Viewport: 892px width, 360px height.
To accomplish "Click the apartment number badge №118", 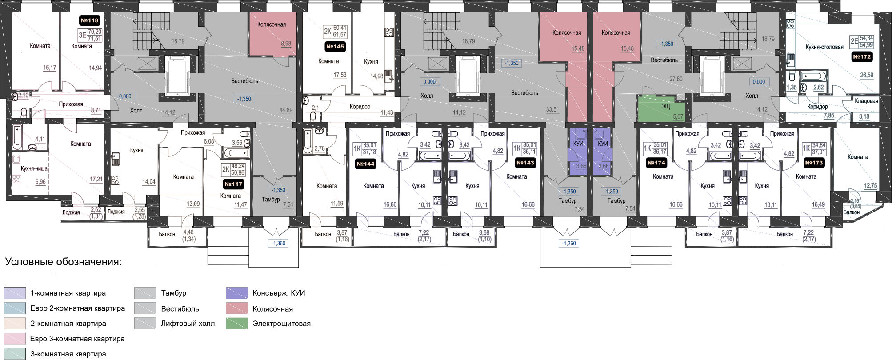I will pyautogui.click(x=89, y=20).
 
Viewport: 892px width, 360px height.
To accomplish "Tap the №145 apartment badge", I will pyautogui.click(x=335, y=47).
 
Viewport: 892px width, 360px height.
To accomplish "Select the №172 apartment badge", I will pyautogui.click(x=862, y=57).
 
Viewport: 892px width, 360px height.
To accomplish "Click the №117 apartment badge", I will pyautogui.click(x=233, y=184).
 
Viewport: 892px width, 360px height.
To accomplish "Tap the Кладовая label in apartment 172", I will pyautogui.click(x=866, y=101).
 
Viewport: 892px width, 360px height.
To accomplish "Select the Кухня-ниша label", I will pyautogui.click(x=34, y=169).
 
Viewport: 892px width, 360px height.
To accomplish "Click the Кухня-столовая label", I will pyautogui.click(x=824, y=47).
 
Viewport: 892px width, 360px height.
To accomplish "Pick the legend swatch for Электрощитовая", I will pyautogui.click(x=236, y=324).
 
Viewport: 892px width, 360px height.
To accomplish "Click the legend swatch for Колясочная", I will pyautogui.click(x=236, y=308).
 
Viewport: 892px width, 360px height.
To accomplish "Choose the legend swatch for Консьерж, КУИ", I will pyautogui.click(x=236, y=293).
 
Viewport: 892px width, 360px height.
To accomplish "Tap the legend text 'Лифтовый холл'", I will pyautogui.click(x=188, y=324).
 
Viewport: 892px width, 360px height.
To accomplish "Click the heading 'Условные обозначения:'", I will pyautogui.click(x=63, y=262).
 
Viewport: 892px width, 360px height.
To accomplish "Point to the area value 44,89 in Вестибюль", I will pyautogui.click(x=286, y=110).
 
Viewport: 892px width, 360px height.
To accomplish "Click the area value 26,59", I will pyautogui.click(x=867, y=75).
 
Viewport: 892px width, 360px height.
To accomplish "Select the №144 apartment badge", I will pyautogui.click(x=365, y=164).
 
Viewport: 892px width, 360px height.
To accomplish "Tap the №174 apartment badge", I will pyautogui.click(x=656, y=163).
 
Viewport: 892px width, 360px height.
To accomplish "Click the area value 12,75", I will pyautogui.click(x=870, y=186).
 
